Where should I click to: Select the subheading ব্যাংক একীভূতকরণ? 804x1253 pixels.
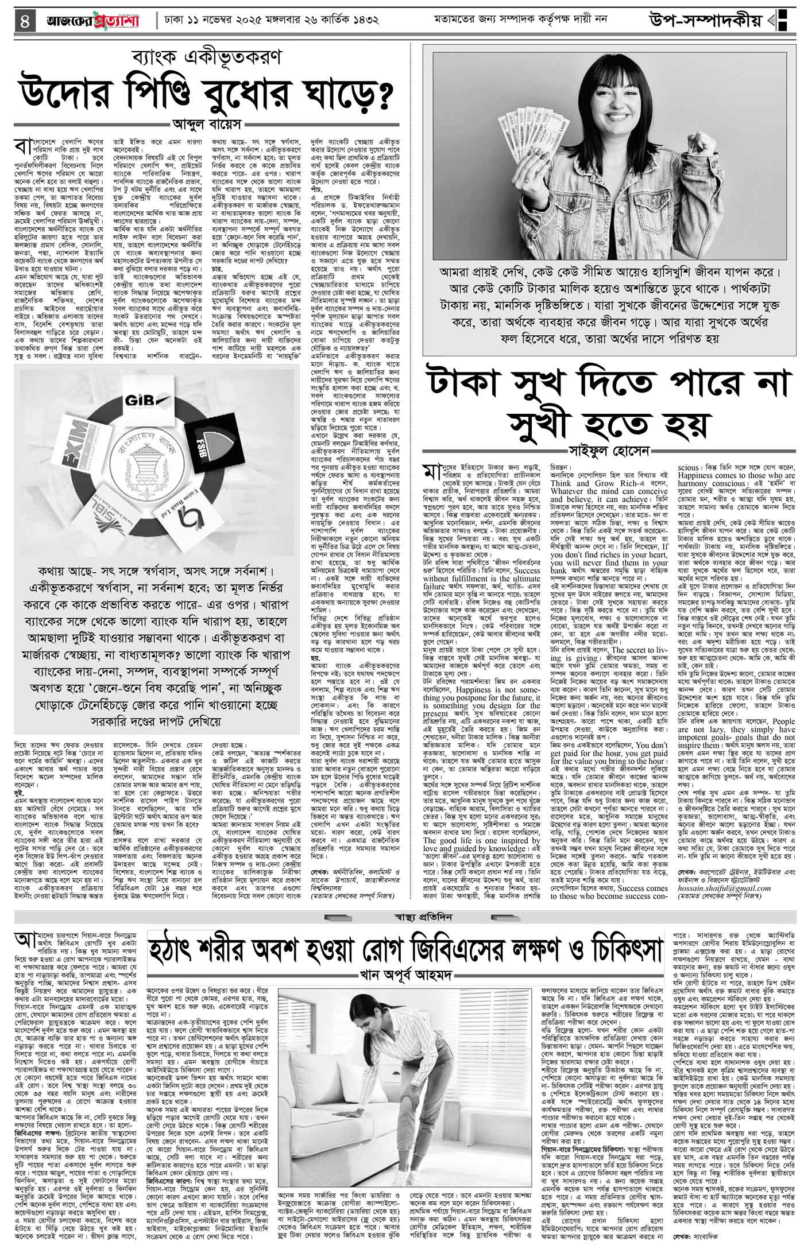pyautogui.click(x=205, y=58)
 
